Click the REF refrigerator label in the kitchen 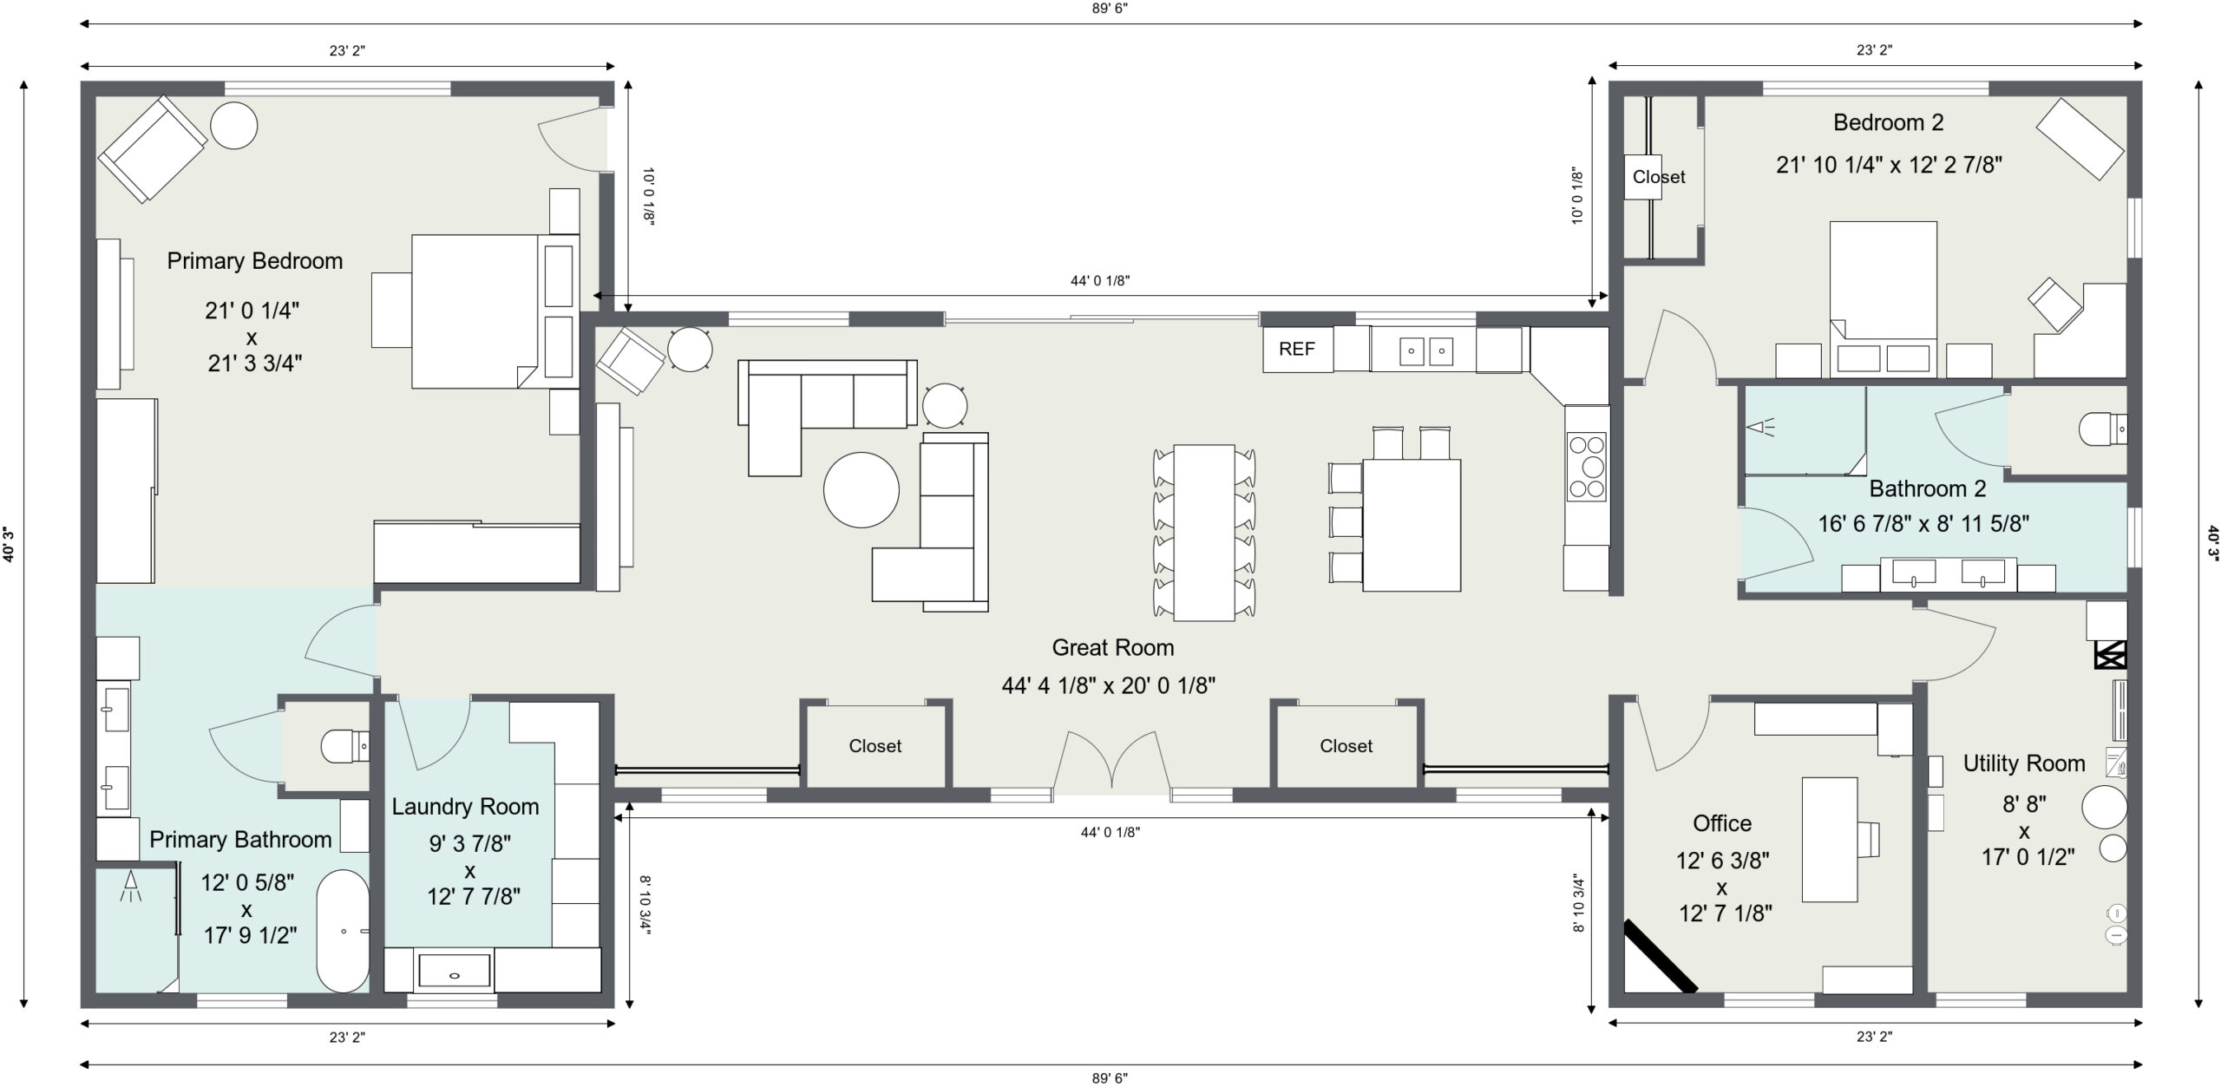tap(1296, 349)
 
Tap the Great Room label tap(1113, 647)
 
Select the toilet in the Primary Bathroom tap(344, 745)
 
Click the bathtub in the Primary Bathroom tap(343, 931)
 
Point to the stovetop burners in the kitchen tap(1587, 467)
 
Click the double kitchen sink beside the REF tap(1426, 350)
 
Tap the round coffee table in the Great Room tap(861, 489)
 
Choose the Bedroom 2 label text tap(1888, 122)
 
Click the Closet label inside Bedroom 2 tap(1659, 177)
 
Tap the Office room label tap(1722, 823)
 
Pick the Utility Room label tap(2024, 763)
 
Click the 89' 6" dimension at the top tap(1110, 9)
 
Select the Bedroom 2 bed tap(1884, 299)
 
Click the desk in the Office tap(1830, 839)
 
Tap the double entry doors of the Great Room tap(1111, 761)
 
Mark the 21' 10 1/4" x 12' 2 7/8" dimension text tap(1889, 165)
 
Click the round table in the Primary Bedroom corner tap(233, 126)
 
